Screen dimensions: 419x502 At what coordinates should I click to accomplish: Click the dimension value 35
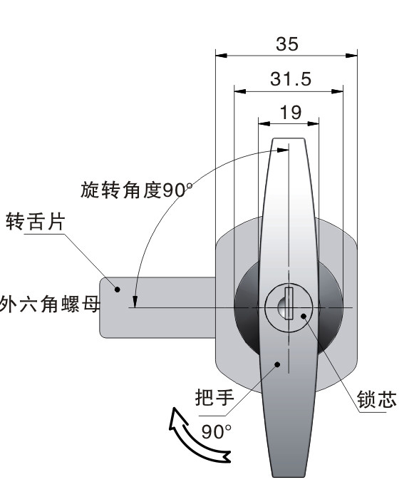pos(287,44)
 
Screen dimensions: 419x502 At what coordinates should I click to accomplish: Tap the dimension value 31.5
pos(291,79)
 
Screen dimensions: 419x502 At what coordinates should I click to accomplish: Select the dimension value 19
pos(291,113)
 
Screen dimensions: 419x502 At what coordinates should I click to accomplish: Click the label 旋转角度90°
pos(137,190)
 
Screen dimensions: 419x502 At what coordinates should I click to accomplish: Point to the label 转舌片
pos(36,221)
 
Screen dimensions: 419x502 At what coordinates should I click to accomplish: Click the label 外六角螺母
pos(50,304)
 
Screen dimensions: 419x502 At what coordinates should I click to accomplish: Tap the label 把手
pos(214,397)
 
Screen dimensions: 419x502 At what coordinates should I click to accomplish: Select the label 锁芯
pos(376,399)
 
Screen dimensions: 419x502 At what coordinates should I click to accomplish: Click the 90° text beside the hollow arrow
pos(216,431)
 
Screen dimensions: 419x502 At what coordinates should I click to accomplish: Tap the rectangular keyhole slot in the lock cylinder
pos(289,303)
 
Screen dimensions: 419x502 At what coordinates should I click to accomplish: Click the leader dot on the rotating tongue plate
pos(118,290)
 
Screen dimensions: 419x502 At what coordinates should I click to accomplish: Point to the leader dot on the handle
pos(278,364)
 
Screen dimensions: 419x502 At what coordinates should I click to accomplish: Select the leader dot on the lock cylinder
pos(304,317)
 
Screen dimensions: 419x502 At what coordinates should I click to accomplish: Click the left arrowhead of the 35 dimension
pos(221,56)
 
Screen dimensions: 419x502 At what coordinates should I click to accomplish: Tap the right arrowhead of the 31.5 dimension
pos(338,91)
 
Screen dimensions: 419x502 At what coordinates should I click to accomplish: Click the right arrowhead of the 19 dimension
pos(314,123)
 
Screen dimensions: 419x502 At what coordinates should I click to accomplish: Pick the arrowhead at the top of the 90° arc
pos(283,150)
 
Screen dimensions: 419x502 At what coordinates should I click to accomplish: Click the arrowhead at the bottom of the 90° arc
pos(135,302)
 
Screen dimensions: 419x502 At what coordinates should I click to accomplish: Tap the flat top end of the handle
pos(289,139)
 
